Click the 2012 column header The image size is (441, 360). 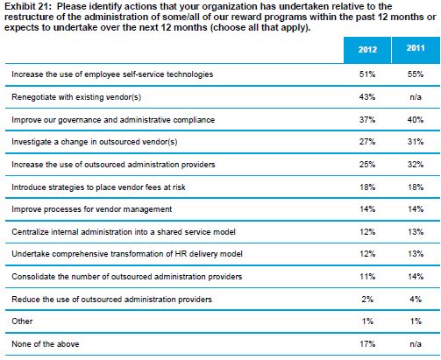tap(367, 49)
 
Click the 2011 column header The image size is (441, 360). tap(416, 48)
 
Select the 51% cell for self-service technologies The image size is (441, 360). tap(367, 74)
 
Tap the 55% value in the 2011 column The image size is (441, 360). tap(416, 74)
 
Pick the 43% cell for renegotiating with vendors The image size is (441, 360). tap(367, 96)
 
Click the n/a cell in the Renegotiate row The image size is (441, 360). tap(416, 96)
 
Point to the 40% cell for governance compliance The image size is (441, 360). tap(416, 119)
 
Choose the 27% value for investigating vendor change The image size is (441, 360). tap(367, 142)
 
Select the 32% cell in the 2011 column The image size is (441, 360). tap(416, 165)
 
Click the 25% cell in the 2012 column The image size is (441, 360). tap(367, 165)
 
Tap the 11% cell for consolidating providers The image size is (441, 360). tap(367, 276)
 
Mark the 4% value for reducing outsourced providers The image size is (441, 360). tap(416, 299)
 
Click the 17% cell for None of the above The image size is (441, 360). tap(367, 344)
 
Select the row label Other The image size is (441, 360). tap(22, 321)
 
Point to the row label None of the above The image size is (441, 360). tap(46, 344)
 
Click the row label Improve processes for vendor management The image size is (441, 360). tap(92, 209)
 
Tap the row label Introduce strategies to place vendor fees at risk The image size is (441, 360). tap(98, 187)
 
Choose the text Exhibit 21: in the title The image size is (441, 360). tap(28, 6)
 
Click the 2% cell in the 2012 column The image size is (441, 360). tap(367, 299)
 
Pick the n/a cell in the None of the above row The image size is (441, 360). tap(416, 344)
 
